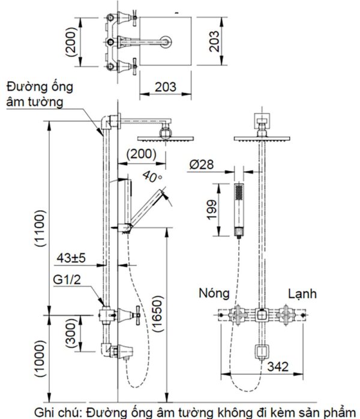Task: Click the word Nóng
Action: coord(214,293)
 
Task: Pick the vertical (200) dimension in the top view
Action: coord(71,41)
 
